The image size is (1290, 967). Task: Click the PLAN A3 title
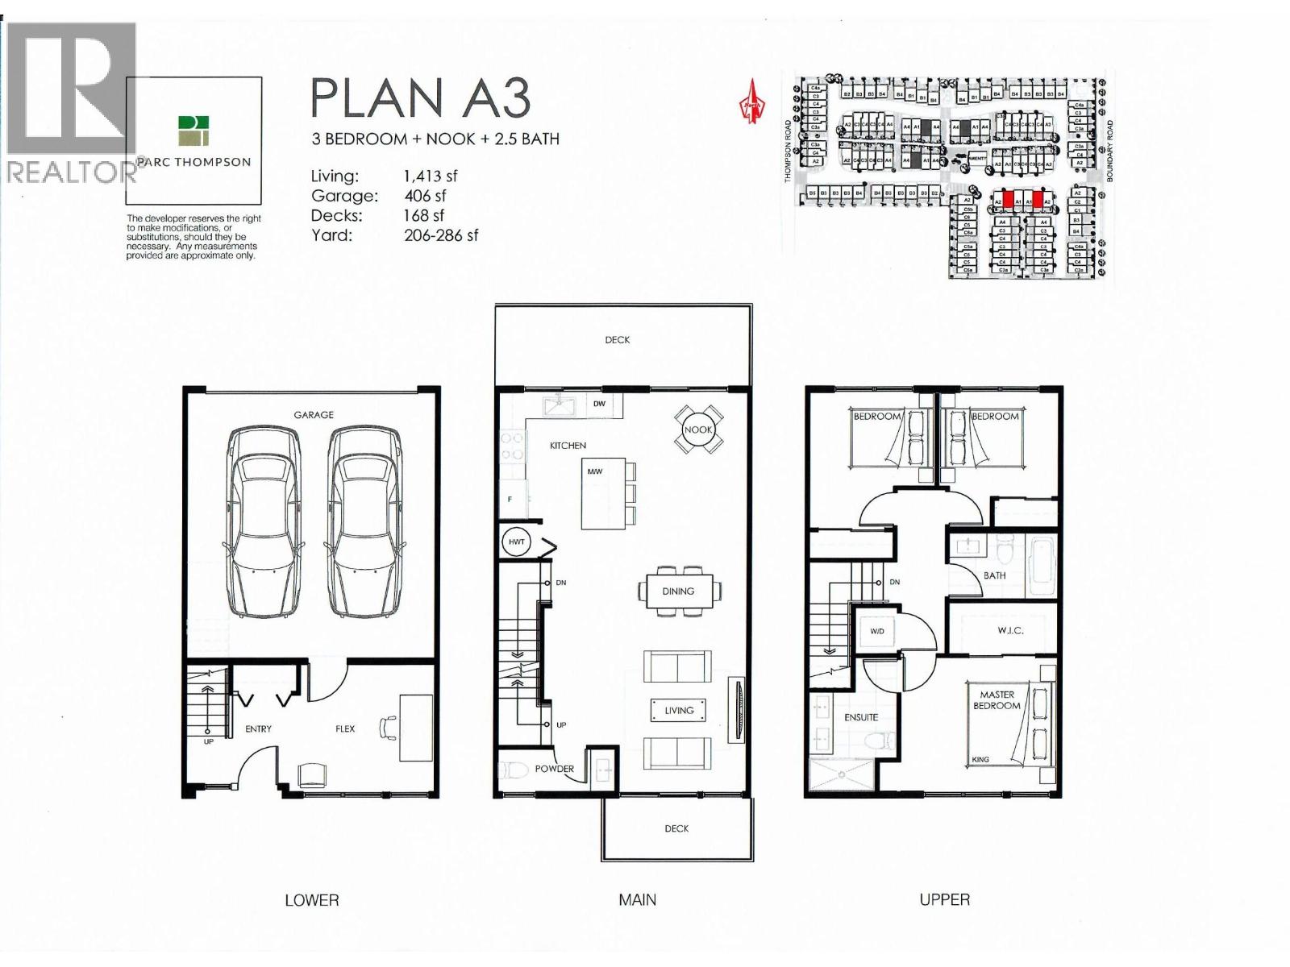pos(420,98)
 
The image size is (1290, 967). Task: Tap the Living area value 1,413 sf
pos(431,176)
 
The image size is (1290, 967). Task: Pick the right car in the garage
pos(364,521)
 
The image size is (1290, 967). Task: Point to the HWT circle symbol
pos(516,542)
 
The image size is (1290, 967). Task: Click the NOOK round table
pos(697,430)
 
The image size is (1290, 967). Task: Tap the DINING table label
pos(678,591)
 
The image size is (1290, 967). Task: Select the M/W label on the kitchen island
pos(595,471)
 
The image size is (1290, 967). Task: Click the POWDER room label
pos(555,769)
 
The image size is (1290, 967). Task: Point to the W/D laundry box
pos(877,631)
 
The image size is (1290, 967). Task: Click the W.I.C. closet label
pos(1010,630)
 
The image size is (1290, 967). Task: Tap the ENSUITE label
pos(861,717)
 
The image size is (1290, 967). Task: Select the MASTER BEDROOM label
pos(997,699)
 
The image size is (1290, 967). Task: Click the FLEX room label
pos(345,728)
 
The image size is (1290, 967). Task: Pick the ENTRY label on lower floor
pos(258,728)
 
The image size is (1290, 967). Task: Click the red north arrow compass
pos(752,102)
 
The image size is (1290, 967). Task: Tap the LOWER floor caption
pos(312,900)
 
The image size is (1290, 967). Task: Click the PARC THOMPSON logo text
pos(193,162)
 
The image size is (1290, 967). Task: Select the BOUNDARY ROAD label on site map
pos(1109,151)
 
